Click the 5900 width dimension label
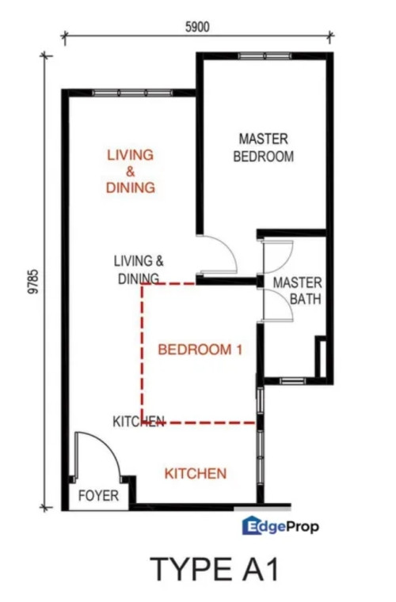coord(197,27)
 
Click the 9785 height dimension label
coord(34,282)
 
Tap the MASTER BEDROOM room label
coord(264,147)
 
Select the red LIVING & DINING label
coord(131,171)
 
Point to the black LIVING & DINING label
coord(139,270)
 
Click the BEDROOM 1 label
coord(200,350)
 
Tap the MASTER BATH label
coord(298,290)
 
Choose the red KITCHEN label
coord(196,473)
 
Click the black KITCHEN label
coord(139,422)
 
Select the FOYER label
coord(98,496)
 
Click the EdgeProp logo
coord(280,525)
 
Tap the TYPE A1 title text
coord(214,570)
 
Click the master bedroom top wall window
coord(265,56)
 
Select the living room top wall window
coord(132,93)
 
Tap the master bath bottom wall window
coord(292,381)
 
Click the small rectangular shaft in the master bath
coord(321,357)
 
